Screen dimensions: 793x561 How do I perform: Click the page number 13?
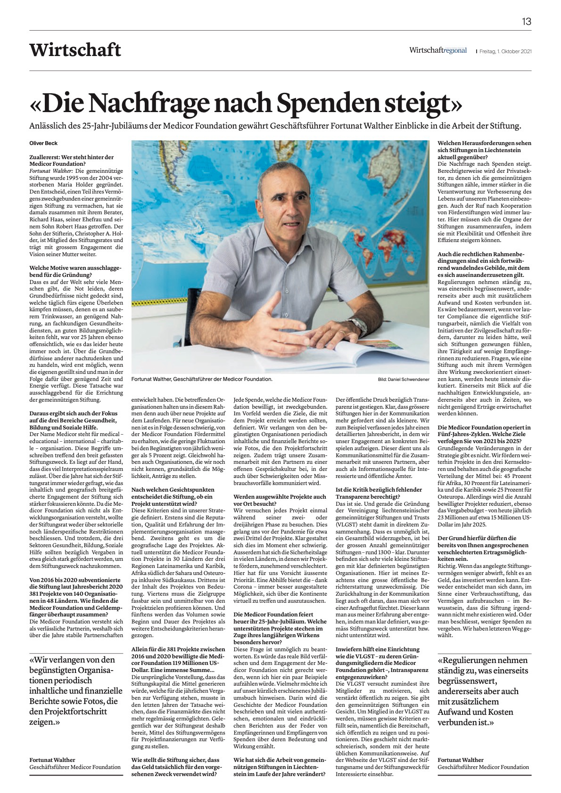526,22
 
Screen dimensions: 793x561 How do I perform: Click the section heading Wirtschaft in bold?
75,50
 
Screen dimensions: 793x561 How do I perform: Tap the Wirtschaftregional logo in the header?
437,50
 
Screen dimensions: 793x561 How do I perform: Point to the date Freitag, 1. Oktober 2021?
505,51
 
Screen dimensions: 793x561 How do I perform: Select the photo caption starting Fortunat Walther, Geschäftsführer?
202,379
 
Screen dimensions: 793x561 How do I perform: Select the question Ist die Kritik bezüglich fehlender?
379,494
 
